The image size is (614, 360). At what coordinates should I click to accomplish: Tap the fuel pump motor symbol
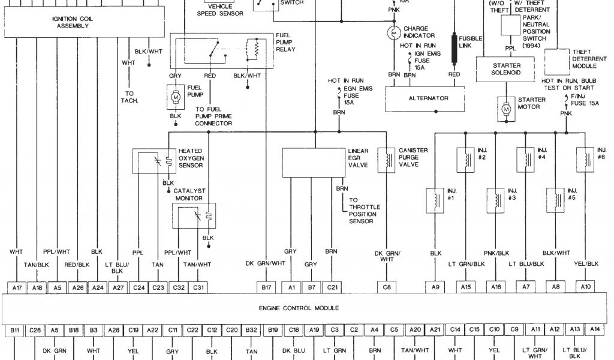pyautogui.click(x=176, y=96)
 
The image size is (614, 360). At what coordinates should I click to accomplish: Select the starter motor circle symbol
pyautogui.click(x=506, y=109)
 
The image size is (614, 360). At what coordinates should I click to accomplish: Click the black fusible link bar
pyautogui.click(x=454, y=49)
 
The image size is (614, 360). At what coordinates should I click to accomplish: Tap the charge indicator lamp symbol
pyautogui.click(x=394, y=32)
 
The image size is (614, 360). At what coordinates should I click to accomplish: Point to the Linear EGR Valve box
pyautogui.click(x=314, y=162)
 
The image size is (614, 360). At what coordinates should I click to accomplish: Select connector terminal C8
pyautogui.click(x=387, y=287)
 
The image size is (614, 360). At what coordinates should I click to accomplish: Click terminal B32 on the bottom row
pyautogui.click(x=251, y=329)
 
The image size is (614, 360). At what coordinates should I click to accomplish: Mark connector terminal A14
pyautogui.click(x=594, y=329)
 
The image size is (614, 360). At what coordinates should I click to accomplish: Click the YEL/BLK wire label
pyautogui.click(x=585, y=263)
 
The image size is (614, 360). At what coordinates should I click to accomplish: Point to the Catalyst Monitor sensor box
pyautogui.click(x=193, y=216)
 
